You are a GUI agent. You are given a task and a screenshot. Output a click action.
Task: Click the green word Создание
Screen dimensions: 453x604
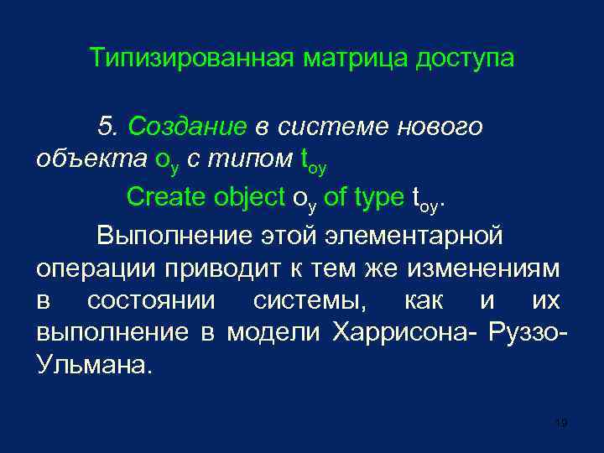point(186,127)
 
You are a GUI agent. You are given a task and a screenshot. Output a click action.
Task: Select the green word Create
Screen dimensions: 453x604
point(164,197)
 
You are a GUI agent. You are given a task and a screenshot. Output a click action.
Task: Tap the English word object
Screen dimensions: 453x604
point(247,197)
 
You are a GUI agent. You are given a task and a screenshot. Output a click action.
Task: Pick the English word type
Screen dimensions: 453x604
point(379,197)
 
